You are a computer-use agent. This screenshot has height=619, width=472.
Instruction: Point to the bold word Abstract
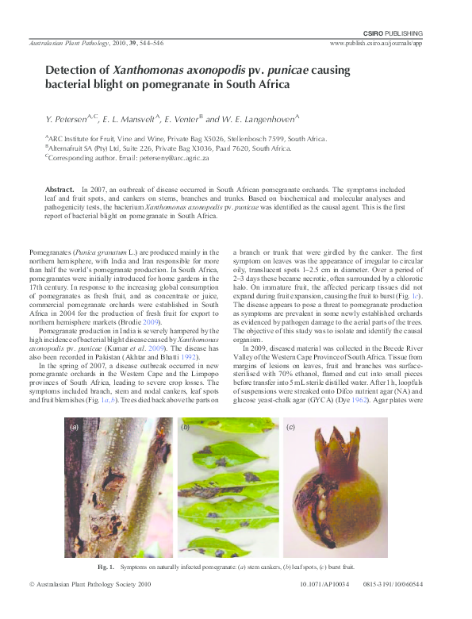[59, 190]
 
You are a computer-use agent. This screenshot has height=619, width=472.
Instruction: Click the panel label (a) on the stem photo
[75, 427]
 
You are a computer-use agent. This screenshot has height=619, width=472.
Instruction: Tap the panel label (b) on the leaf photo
[185, 427]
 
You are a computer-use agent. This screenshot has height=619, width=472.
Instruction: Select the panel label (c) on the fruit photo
[291, 427]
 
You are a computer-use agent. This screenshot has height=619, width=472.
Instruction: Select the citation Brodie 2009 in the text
[142, 324]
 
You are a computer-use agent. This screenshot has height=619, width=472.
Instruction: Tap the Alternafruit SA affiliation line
[180, 148]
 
